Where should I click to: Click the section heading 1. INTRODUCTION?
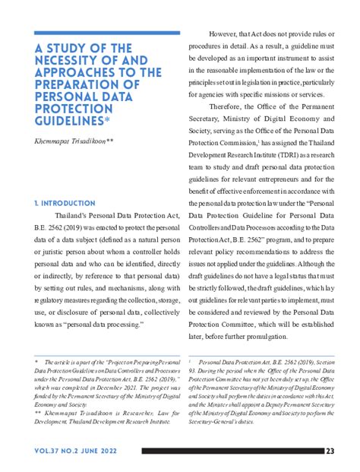coord(65,204)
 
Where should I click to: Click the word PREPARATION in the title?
coord(77,85)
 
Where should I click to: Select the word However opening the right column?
coord(229,34)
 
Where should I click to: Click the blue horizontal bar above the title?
coord(107,33)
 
